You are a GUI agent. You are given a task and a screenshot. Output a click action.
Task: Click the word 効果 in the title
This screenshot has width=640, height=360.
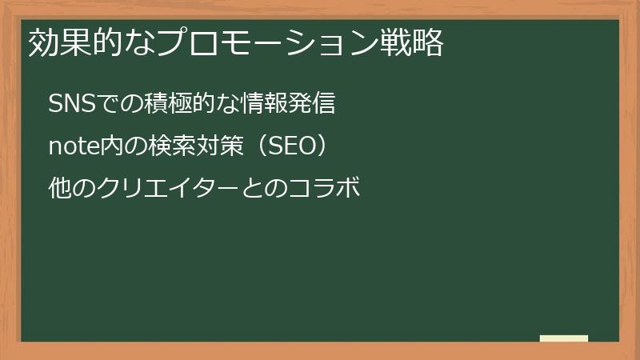58,45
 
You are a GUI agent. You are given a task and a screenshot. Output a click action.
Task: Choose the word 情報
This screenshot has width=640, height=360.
268,105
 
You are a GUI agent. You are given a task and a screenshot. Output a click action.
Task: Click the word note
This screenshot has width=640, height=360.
73,147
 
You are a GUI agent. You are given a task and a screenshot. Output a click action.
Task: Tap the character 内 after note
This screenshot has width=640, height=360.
108,147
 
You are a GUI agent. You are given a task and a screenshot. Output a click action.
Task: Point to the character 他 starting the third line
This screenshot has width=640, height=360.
59,190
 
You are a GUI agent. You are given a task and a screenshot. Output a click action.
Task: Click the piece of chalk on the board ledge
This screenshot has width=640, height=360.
564,338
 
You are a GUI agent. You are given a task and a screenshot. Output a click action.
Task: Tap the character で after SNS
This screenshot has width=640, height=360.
107,105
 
